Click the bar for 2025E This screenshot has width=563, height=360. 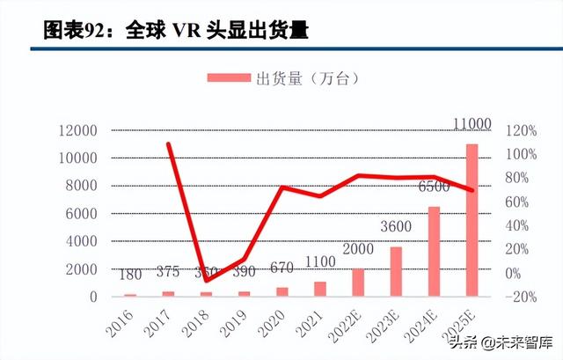[x=472, y=220]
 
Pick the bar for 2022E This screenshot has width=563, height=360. [x=358, y=283]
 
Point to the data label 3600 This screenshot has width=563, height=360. [x=396, y=228]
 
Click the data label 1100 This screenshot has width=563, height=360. [x=319, y=261]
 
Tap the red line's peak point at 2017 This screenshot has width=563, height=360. [x=168, y=143]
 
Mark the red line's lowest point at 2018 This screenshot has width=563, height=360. [x=206, y=280]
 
